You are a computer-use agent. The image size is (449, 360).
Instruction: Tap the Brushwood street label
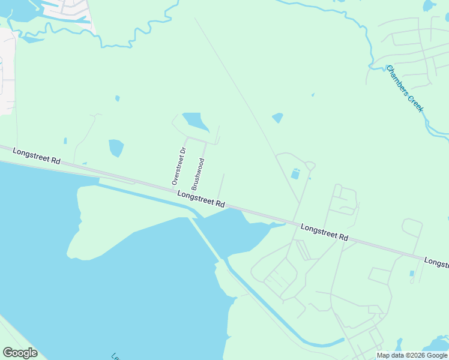pos(198,174)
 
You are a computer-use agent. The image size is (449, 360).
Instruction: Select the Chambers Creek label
pos(405,88)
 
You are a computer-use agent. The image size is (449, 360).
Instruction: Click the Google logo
pos(20,352)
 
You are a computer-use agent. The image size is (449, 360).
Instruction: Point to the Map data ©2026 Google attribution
pos(412,355)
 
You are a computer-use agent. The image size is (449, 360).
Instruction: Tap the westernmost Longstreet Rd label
pos(37,157)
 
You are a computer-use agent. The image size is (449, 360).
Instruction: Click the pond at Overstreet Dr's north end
pos(195,122)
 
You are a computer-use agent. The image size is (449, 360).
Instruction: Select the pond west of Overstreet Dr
pos(116,148)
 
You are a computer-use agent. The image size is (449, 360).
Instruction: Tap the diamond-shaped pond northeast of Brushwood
pos(277,118)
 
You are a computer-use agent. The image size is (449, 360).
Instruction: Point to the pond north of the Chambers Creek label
pos(429,6)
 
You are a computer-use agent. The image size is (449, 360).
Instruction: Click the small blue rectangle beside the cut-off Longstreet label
pos(412,274)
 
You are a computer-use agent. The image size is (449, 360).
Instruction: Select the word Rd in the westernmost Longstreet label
pos(56,161)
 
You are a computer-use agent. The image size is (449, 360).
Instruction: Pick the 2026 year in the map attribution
pos(418,355)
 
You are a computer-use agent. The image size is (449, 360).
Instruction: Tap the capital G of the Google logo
pos(8,352)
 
